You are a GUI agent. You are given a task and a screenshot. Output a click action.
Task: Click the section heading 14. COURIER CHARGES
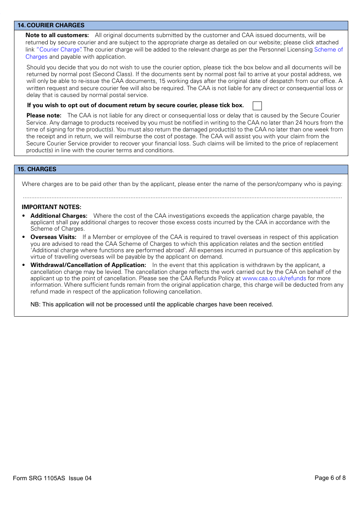pyautogui.click(x=51, y=25)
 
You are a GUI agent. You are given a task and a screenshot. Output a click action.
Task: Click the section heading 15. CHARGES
pyautogui.click(x=37, y=169)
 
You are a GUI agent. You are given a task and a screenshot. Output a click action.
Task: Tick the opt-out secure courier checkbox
pyautogui.click(x=257, y=106)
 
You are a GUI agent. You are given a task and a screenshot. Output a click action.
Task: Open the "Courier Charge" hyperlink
pyautogui.click(x=59, y=50)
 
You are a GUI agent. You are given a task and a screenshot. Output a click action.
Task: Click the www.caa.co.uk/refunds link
pyautogui.click(x=274, y=278)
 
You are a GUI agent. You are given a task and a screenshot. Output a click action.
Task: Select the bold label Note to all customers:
pyautogui.click(x=57, y=35)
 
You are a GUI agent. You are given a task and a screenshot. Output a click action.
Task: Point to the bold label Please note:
pyautogui.click(x=44, y=116)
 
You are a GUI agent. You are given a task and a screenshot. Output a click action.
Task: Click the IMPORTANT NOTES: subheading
pyautogui.click(x=52, y=207)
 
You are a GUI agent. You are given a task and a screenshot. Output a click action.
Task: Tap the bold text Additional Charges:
pyautogui.click(x=59, y=216)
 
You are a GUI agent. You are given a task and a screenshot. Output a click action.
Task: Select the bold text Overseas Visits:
pyautogui.click(x=53, y=237)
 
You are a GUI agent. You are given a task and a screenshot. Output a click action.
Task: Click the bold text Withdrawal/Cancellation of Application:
pyautogui.click(x=88, y=265)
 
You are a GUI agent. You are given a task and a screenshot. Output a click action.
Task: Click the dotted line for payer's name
pyautogui.click(x=182, y=197)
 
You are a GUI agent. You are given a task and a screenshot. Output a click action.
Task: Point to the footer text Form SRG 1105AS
pyautogui.click(x=39, y=478)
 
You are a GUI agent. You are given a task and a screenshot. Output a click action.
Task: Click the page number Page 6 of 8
pyautogui.click(x=330, y=478)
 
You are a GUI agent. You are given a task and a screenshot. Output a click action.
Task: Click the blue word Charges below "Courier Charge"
pyautogui.click(x=36, y=57)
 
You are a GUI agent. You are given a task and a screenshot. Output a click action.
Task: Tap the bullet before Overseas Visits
pyautogui.click(x=23, y=237)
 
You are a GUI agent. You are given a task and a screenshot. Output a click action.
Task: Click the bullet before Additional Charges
pyautogui.click(x=23, y=216)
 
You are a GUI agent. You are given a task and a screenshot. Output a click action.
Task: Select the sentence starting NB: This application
pyautogui.click(x=152, y=304)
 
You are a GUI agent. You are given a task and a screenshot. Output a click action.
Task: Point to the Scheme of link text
pyautogui.click(x=328, y=50)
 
